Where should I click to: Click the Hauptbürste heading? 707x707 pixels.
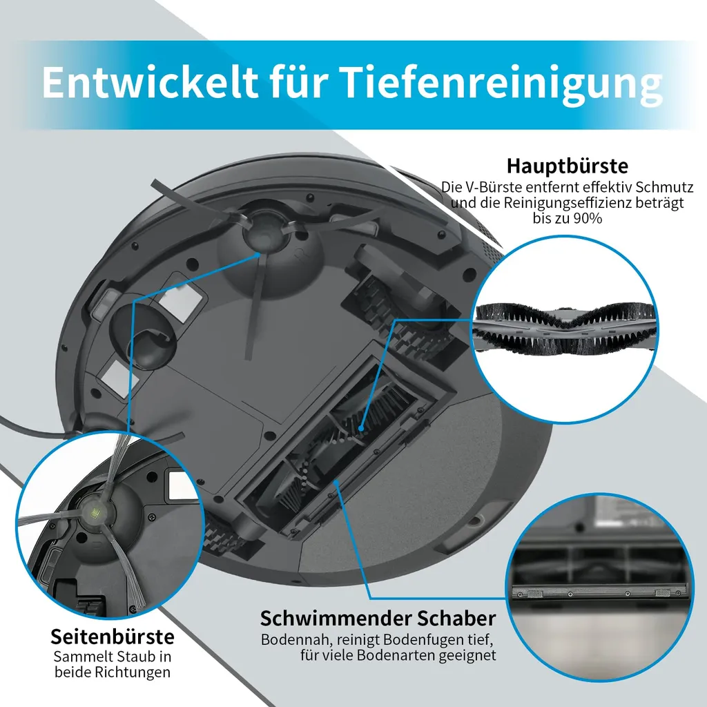point(567,166)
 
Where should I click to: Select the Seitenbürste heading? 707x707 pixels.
point(112,636)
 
